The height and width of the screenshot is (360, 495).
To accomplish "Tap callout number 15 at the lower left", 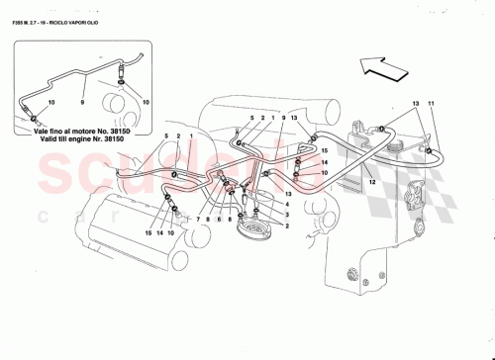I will click(147, 233).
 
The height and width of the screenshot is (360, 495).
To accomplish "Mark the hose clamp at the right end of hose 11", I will click(432, 149).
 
